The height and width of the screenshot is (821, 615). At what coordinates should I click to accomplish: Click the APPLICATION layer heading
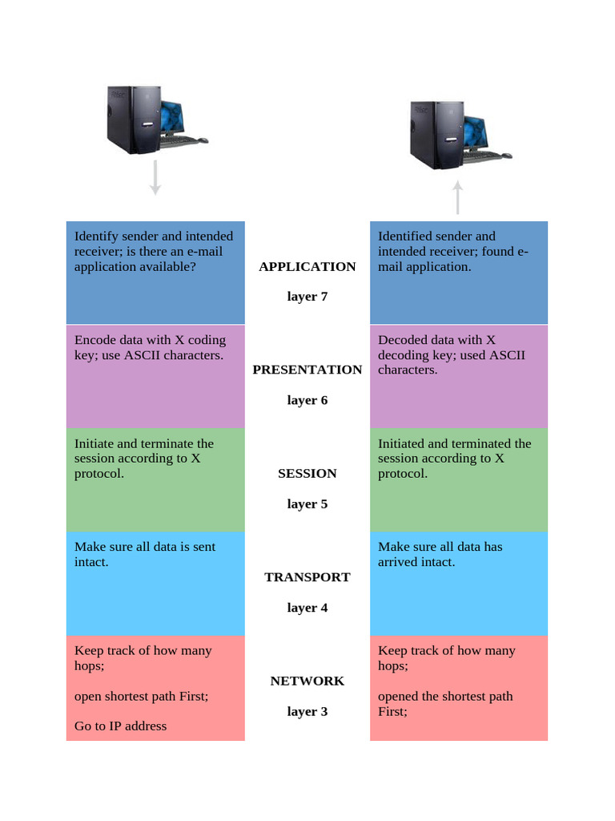(307, 267)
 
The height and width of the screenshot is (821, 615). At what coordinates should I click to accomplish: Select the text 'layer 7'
(307, 297)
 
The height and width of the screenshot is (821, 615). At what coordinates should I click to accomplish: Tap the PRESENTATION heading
(307, 370)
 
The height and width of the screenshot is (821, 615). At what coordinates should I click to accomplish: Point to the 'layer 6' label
(307, 400)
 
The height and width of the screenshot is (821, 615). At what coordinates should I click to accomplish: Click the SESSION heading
(307, 474)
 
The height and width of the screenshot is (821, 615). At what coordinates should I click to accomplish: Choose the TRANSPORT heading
(307, 577)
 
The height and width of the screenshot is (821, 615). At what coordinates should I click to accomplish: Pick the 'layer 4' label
(307, 608)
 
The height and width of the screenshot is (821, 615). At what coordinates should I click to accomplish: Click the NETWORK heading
(307, 681)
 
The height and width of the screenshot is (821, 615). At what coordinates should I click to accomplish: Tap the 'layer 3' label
(307, 711)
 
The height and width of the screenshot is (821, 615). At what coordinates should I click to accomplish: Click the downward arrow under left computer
(155, 178)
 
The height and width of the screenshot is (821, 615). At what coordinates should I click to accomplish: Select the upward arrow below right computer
(457, 197)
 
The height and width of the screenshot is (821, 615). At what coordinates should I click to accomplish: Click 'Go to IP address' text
(120, 726)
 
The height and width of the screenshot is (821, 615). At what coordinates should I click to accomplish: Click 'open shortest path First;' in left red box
(141, 696)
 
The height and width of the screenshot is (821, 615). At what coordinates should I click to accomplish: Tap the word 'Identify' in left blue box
(96, 237)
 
